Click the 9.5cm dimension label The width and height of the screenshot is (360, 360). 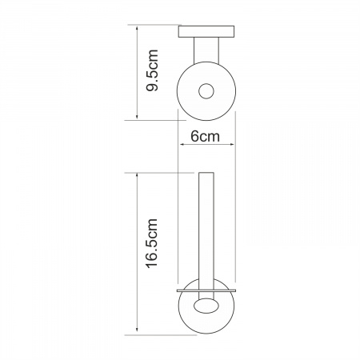[x=153, y=70]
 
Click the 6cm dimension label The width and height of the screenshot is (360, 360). [x=205, y=137]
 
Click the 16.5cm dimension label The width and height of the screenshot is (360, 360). [x=152, y=243]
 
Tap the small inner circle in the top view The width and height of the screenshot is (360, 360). [x=206, y=91]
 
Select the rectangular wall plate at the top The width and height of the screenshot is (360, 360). [x=206, y=31]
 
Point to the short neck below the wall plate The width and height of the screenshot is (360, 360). [x=206, y=50]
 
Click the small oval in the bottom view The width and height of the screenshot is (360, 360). [x=206, y=306]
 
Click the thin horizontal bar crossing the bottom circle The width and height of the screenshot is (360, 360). [x=206, y=290]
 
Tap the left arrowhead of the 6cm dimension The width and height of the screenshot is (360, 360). [x=182, y=145]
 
